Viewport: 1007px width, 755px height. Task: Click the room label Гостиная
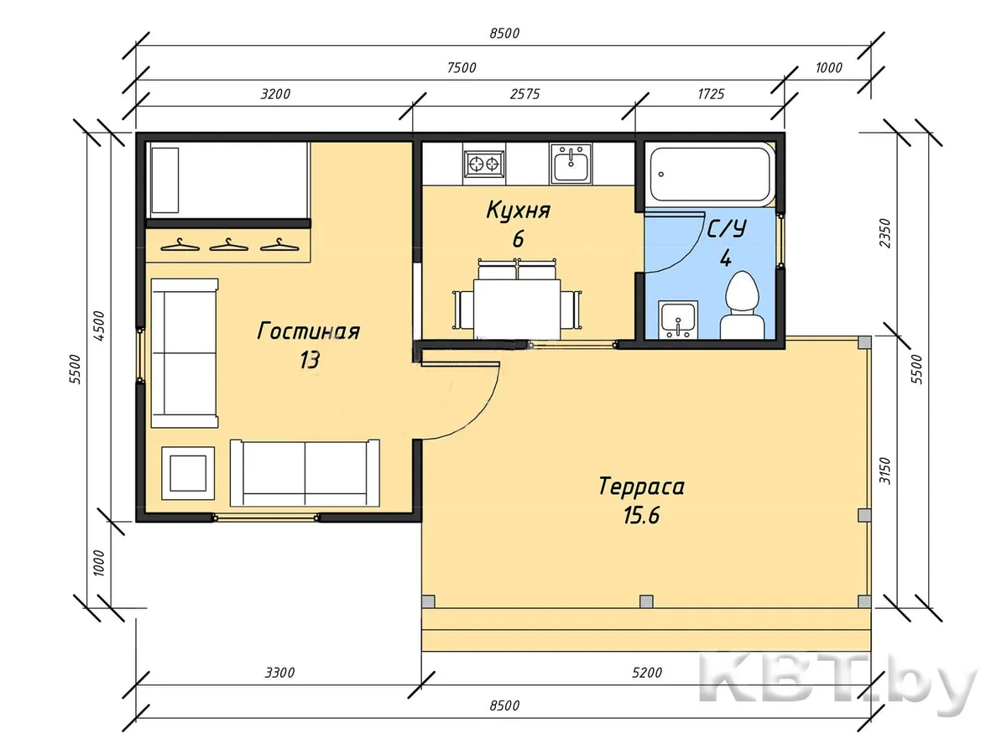pos(308,331)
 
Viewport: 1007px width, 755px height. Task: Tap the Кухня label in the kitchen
pos(518,211)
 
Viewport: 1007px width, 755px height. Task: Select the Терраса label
pos(641,486)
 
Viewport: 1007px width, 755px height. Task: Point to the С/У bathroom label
pos(727,229)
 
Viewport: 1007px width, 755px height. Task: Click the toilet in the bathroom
pos(741,305)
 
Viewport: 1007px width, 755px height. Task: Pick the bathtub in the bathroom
pos(711,174)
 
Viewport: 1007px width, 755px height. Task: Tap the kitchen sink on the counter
pos(571,164)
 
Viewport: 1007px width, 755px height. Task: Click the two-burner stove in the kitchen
pos(483,164)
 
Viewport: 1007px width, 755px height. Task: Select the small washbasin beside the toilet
pos(678,320)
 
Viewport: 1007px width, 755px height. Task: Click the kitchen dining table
pos(517,309)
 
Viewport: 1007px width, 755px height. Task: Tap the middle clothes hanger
pos(228,245)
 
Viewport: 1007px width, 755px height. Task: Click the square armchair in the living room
pos(188,473)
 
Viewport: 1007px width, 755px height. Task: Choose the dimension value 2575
pos(524,94)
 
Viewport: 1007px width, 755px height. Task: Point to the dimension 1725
pos(711,94)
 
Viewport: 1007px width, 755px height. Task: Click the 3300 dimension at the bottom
pos(279,673)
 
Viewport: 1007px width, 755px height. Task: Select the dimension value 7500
pos(462,68)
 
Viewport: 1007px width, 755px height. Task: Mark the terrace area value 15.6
pos(641,515)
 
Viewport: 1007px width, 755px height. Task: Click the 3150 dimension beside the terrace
pos(885,471)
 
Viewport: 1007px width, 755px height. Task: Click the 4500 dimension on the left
pos(99,325)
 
